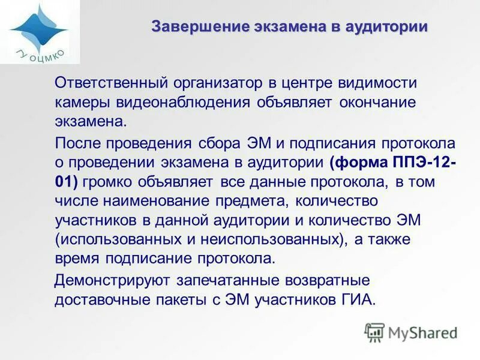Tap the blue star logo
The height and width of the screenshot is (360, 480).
pos(37,26)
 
